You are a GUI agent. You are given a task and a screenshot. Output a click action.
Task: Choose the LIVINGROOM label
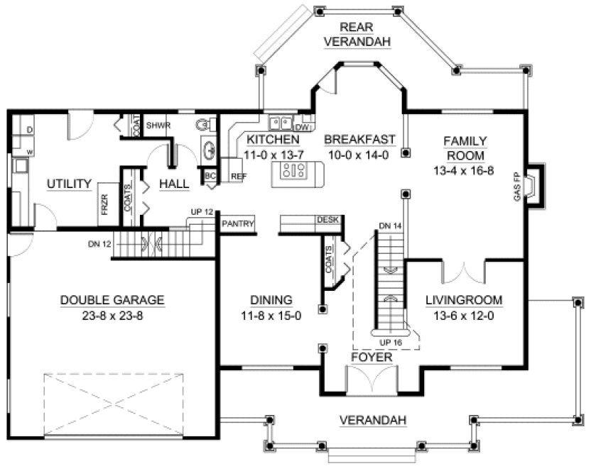(x=463, y=300)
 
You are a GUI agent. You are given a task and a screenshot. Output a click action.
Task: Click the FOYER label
(x=371, y=358)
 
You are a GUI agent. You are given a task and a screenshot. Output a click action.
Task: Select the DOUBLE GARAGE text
(x=112, y=300)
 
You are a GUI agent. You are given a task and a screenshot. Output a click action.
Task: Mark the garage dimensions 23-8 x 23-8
(x=112, y=316)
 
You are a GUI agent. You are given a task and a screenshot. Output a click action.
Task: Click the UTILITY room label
(x=70, y=184)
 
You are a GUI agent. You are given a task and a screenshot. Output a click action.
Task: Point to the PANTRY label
(x=237, y=223)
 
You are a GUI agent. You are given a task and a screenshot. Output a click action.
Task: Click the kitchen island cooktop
(x=294, y=170)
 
